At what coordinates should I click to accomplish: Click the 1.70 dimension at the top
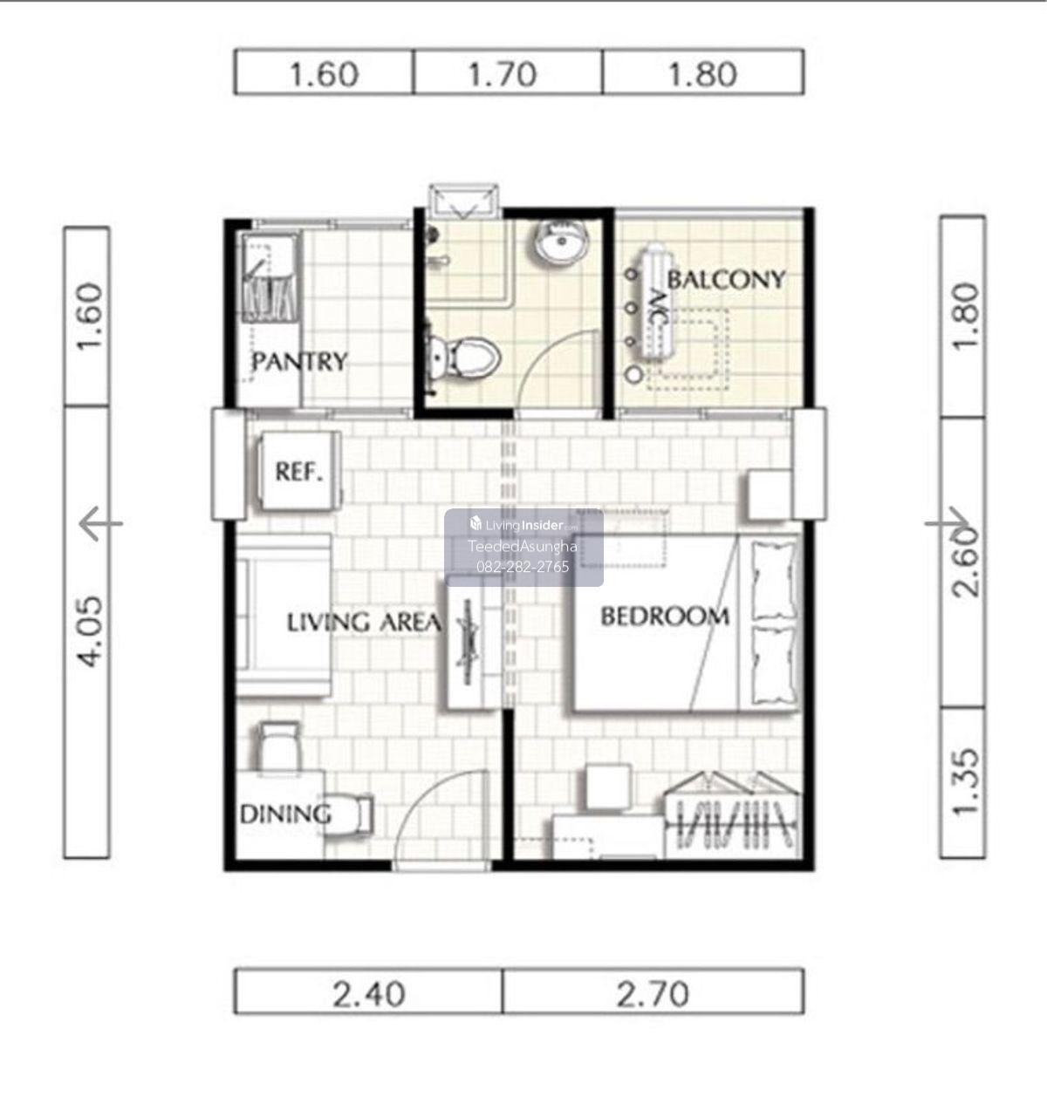(503, 74)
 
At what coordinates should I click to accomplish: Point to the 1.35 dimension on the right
(966, 780)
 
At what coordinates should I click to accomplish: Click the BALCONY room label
(727, 280)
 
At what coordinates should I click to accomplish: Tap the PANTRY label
(299, 362)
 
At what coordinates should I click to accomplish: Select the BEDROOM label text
(665, 616)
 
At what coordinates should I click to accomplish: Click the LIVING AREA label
(364, 622)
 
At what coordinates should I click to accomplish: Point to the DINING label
(285, 815)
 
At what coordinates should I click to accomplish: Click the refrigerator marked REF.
(300, 471)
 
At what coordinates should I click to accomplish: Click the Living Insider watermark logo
(523, 524)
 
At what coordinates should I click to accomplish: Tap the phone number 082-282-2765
(523, 567)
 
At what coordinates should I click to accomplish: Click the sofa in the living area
(283, 615)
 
